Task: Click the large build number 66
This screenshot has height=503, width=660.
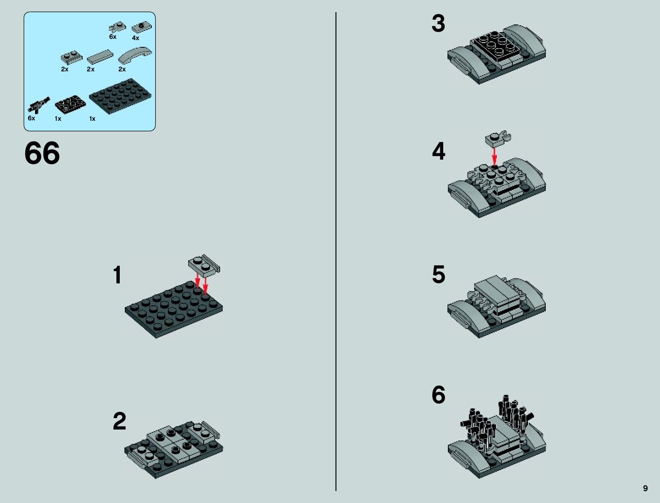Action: coord(42,153)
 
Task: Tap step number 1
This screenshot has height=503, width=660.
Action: coord(117,275)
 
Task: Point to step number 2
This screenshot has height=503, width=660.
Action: coord(119,421)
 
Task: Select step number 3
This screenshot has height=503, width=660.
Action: coord(439,24)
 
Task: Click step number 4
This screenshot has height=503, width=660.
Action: coord(439,152)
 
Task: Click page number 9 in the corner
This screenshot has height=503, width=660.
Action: coord(645,488)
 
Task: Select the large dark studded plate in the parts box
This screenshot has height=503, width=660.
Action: coord(120,96)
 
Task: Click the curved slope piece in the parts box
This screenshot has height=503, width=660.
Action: coord(135,54)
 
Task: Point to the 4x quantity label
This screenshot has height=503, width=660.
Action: coord(136,38)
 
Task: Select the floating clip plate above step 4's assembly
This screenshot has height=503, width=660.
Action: coord(498,139)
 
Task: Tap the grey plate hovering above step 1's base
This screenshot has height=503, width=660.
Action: coord(204,266)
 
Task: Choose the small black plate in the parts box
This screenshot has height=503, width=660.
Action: coord(70,104)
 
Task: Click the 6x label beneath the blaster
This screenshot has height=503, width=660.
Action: coord(31,118)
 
